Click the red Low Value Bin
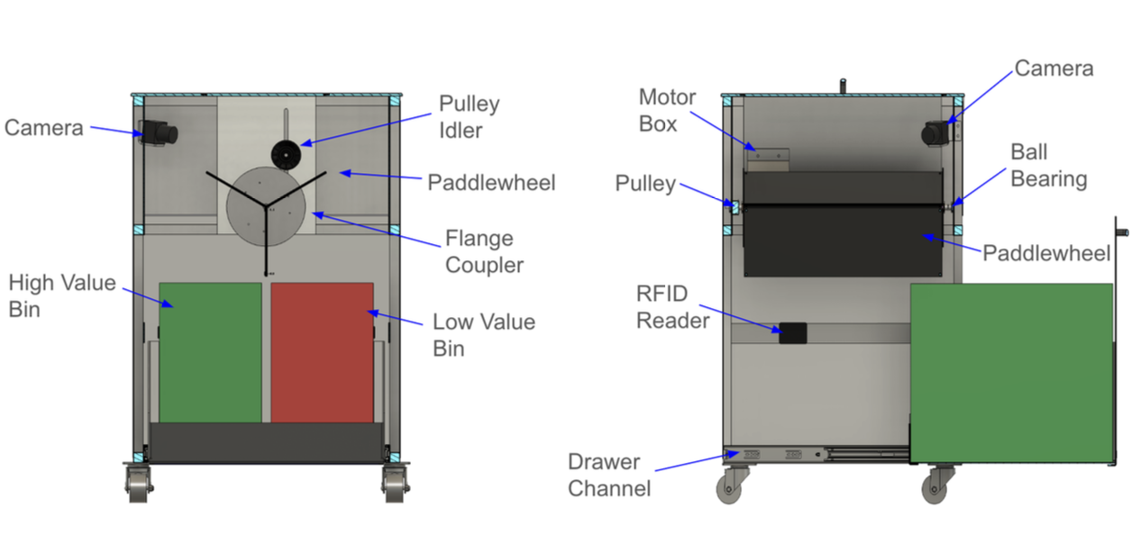(x=322, y=352)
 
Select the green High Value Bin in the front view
(x=210, y=352)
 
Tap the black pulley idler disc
(x=286, y=156)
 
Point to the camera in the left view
(x=159, y=133)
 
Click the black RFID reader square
(x=792, y=332)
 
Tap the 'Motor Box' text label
(x=667, y=110)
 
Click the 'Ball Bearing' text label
(x=1048, y=165)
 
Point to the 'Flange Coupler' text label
(x=484, y=251)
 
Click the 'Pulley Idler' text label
(x=469, y=116)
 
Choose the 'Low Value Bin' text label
(x=483, y=334)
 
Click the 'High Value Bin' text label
(x=61, y=295)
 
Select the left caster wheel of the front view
(x=138, y=486)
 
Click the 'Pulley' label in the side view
(x=645, y=184)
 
